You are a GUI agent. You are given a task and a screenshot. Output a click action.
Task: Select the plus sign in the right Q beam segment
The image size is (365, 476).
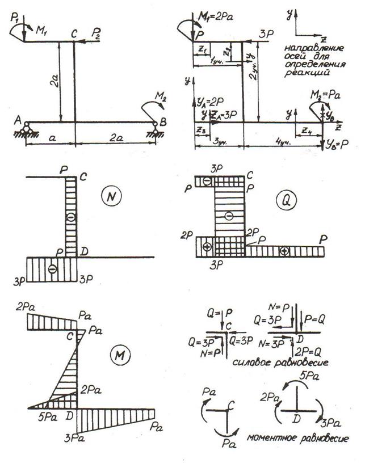tap(284, 250)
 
